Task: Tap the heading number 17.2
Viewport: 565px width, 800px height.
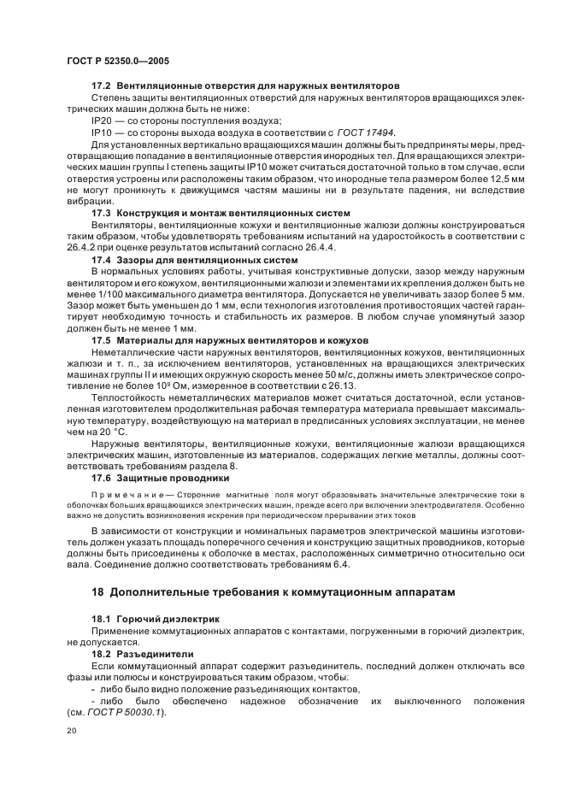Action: [102, 87]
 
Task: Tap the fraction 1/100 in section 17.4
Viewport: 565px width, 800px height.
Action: [118, 291]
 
